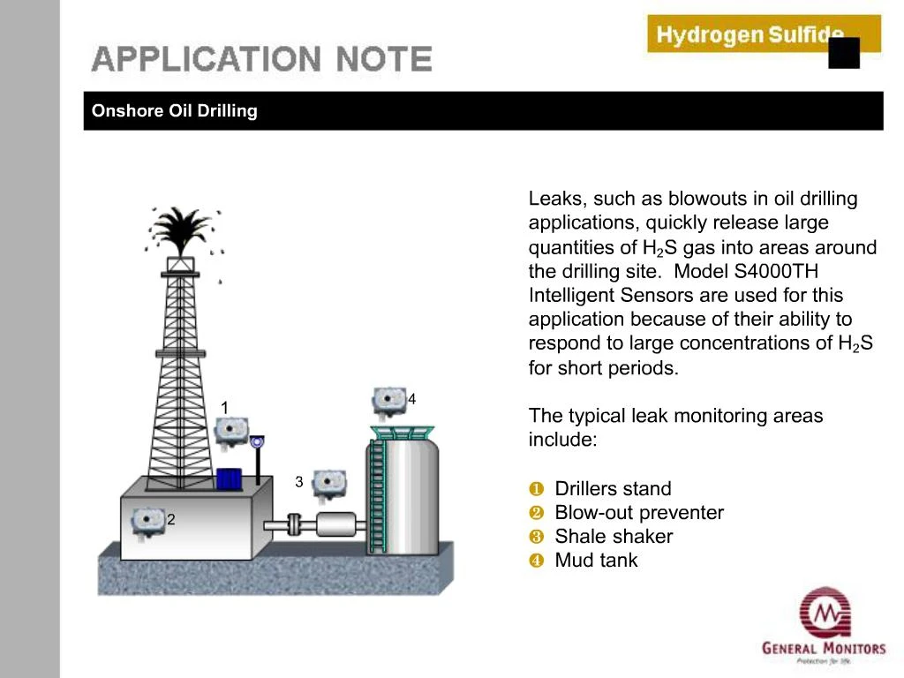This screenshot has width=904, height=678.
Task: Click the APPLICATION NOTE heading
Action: pyautogui.click(x=262, y=59)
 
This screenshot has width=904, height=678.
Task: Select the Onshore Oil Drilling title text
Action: pyautogui.click(x=175, y=111)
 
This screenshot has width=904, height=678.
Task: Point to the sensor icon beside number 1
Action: pyautogui.click(x=231, y=431)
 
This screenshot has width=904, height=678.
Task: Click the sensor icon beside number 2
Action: pyautogui.click(x=147, y=521)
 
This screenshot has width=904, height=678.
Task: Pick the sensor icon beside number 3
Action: pyautogui.click(x=329, y=483)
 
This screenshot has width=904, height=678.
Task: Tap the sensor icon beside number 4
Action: pyautogui.click(x=388, y=401)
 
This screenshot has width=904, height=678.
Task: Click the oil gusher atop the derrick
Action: pyautogui.click(x=182, y=228)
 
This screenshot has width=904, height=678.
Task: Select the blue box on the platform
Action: pyautogui.click(x=230, y=478)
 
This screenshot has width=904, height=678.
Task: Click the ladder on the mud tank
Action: pyautogui.click(x=378, y=494)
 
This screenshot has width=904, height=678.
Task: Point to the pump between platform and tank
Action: pyautogui.click(x=335, y=524)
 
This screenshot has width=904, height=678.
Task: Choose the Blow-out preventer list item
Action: pyautogui.click(x=639, y=513)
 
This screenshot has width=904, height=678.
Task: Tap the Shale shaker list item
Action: pyautogui.click(x=614, y=537)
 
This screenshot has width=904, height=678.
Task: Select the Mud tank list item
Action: pyautogui.click(x=596, y=561)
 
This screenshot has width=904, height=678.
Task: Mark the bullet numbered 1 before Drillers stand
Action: pyautogui.click(x=535, y=489)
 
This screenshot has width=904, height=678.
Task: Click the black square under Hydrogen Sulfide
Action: pyautogui.click(x=844, y=53)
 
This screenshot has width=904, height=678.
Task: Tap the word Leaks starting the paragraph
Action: pyautogui.click(x=552, y=200)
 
